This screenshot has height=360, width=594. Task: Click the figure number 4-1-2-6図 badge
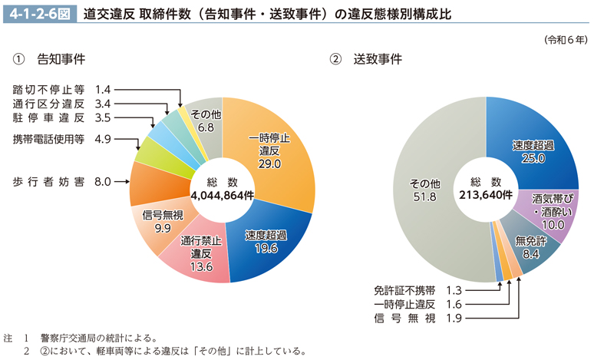pyautogui.click(x=38, y=13)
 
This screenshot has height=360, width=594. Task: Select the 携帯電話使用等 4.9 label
pyautogui.click(x=62, y=139)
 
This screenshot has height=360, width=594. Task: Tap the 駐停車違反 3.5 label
pyautogui.click(x=62, y=117)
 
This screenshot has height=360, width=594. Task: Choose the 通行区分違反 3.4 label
pyautogui.click(x=62, y=104)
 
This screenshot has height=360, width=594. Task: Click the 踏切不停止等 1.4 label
pyautogui.click(x=62, y=89)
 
